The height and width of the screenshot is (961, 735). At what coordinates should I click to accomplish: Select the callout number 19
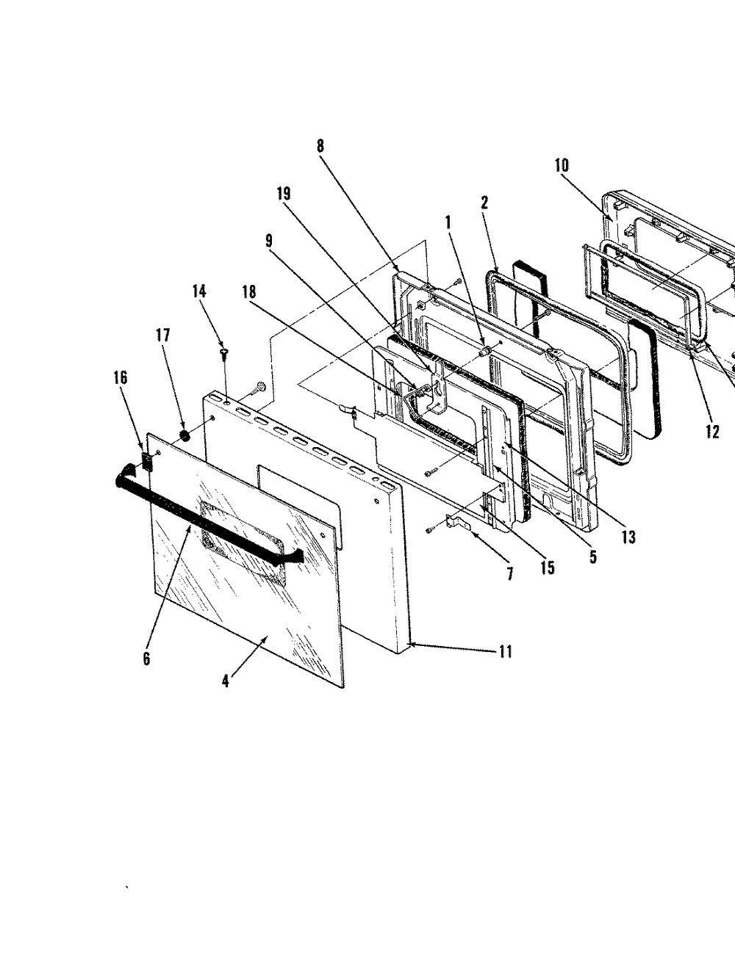(x=283, y=194)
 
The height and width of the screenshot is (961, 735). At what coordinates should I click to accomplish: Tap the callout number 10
(x=562, y=164)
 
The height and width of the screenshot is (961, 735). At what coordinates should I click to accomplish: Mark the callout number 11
(x=505, y=650)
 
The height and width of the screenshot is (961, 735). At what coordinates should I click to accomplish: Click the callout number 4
(x=225, y=681)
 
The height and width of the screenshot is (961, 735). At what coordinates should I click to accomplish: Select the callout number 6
(x=146, y=659)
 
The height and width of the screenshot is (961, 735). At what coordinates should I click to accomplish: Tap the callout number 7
(x=510, y=574)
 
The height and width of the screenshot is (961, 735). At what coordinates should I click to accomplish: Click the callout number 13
(x=627, y=537)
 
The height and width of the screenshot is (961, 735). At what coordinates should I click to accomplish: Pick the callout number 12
(x=712, y=432)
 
